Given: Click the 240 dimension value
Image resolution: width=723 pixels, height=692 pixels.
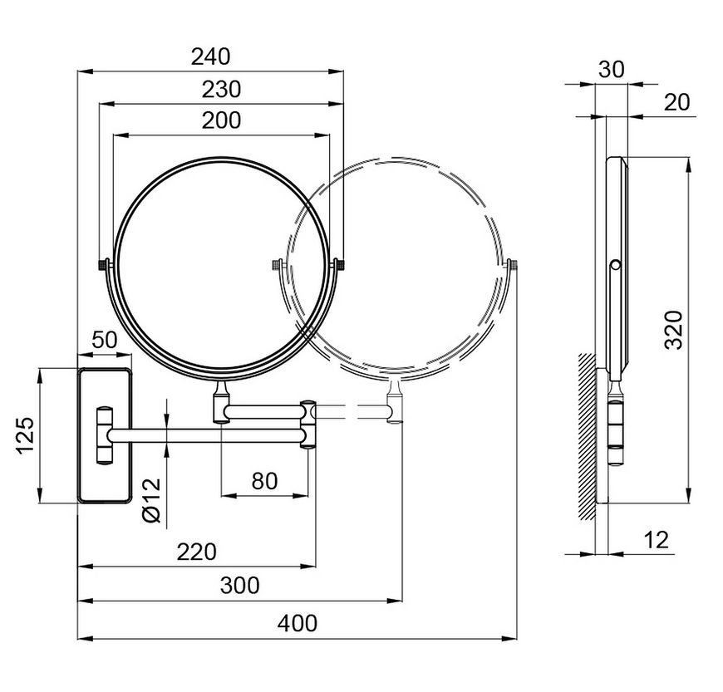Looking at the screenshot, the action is (211, 56).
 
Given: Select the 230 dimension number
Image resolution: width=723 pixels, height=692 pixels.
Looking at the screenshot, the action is (221, 89).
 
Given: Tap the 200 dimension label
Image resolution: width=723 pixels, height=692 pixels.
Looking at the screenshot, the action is (221, 120).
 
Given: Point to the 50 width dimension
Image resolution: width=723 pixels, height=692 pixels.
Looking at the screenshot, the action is (105, 341).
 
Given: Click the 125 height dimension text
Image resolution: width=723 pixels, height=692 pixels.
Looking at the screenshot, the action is (26, 435).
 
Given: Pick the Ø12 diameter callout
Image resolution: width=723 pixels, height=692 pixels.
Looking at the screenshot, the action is (152, 500).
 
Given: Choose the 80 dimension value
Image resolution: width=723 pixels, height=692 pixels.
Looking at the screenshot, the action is (264, 481).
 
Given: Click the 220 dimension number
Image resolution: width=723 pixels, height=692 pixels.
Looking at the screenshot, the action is (197, 552).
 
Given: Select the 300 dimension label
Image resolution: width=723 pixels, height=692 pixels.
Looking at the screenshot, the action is (240, 586).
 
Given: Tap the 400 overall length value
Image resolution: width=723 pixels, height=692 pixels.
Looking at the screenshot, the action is (298, 623).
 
